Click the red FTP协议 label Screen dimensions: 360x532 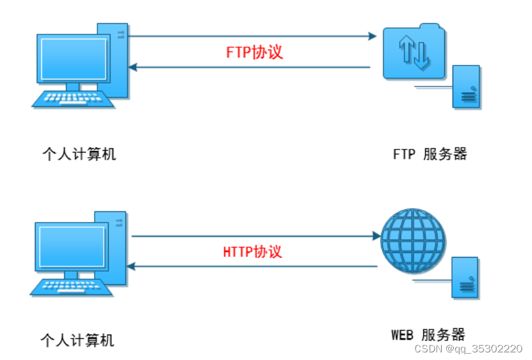pyautogui.click(x=254, y=52)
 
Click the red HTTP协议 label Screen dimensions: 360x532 pyautogui.click(x=252, y=251)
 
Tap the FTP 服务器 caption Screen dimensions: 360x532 pyautogui.click(x=430, y=154)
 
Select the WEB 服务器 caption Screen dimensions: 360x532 pyautogui.click(x=428, y=335)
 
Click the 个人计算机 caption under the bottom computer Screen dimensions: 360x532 pyautogui.click(x=77, y=340)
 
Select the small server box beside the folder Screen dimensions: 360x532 pyautogui.click(x=467, y=86)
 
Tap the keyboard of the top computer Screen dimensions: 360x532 pyautogui.click(x=72, y=100)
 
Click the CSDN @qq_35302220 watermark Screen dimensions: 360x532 pyautogui.click(x=468, y=349)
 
